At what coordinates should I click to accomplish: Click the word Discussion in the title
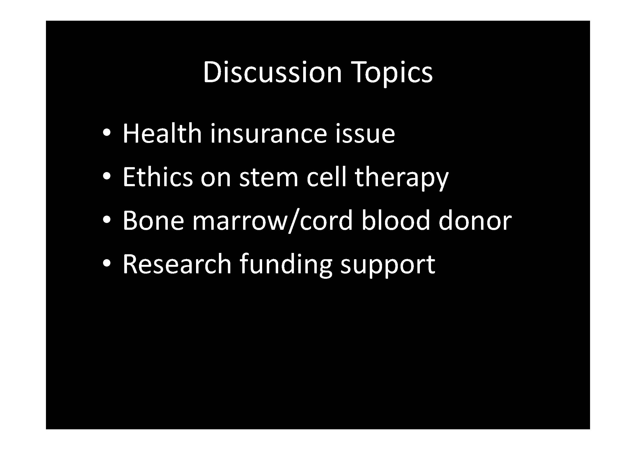click(x=272, y=72)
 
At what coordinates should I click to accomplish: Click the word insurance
click(x=269, y=134)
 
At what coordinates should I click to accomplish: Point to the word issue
click(x=365, y=134)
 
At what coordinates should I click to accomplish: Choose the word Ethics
click(x=158, y=177)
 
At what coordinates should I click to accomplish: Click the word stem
click(x=269, y=178)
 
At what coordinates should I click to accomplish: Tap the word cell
click(x=327, y=177)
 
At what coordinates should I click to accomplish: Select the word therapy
click(x=402, y=179)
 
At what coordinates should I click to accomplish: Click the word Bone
click(x=153, y=221)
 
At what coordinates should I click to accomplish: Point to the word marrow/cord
click(x=273, y=221)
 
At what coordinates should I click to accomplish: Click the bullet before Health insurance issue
click(x=107, y=133)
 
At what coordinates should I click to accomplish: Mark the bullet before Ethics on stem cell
click(x=107, y=176)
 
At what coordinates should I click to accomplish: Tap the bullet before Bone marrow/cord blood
click(x=107, y=220)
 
